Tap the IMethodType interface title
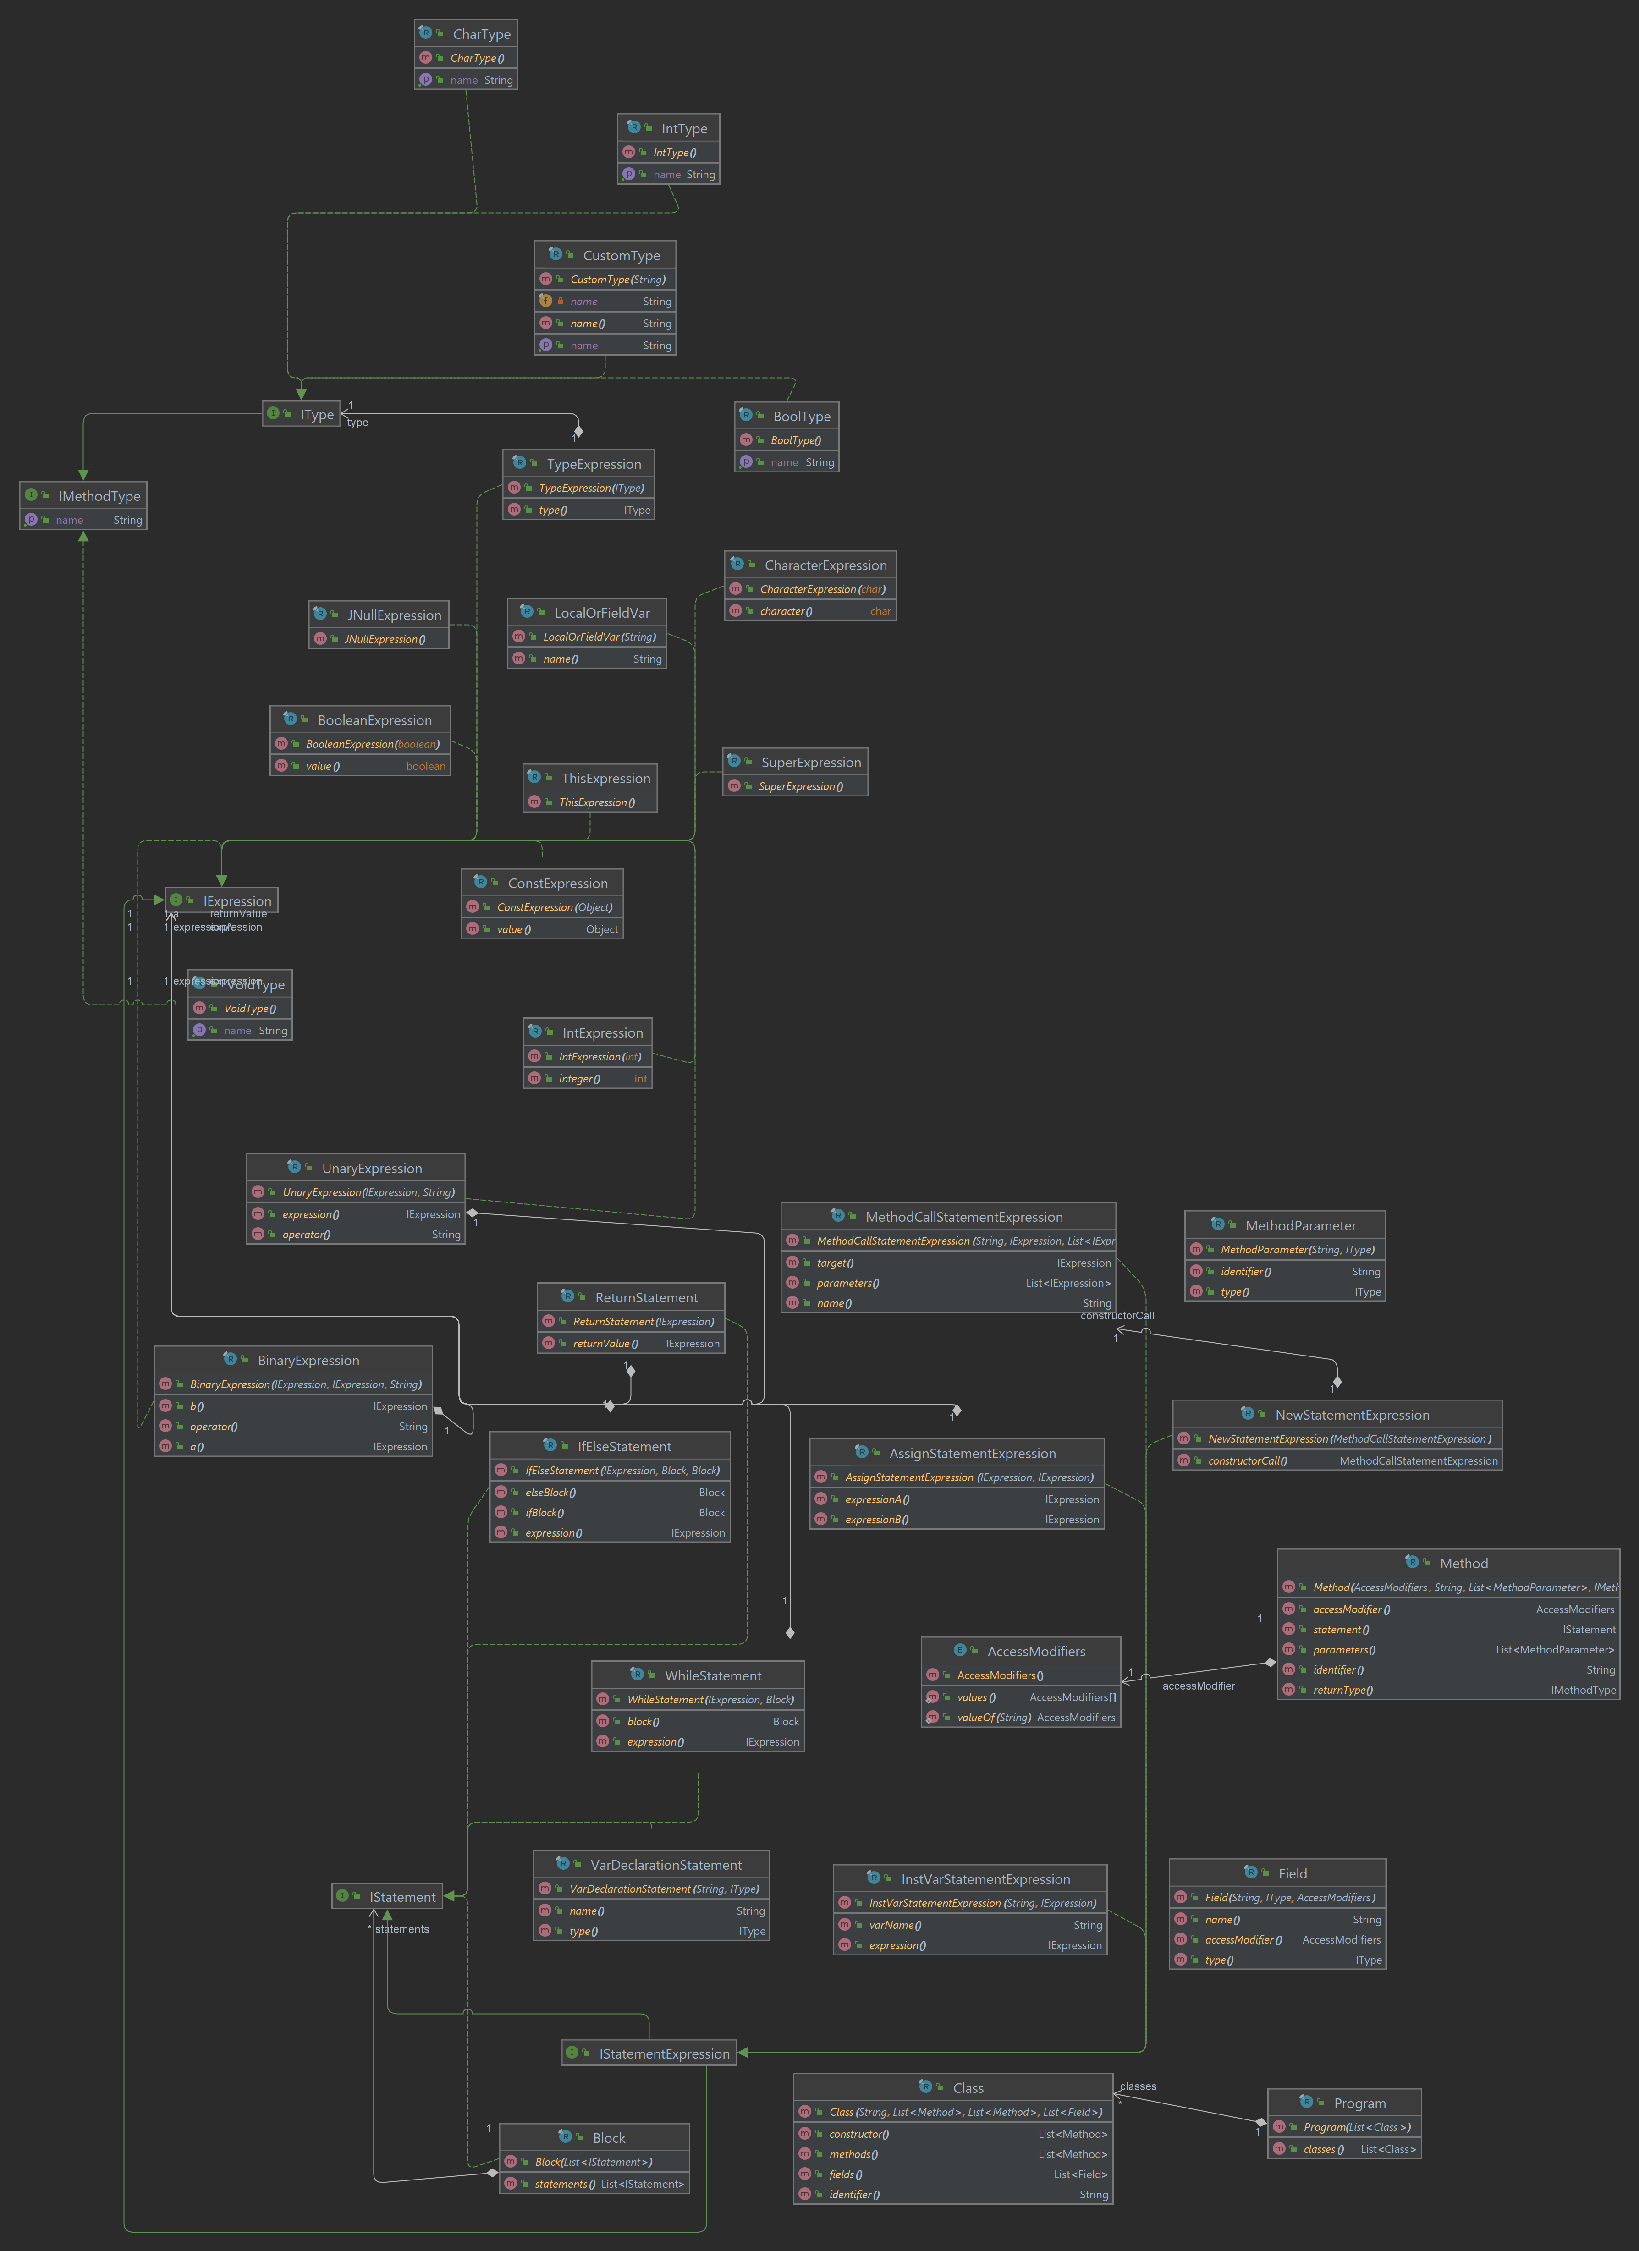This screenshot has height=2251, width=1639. click(x=98, y=495)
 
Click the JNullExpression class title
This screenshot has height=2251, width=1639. click(x=393, y=615)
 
